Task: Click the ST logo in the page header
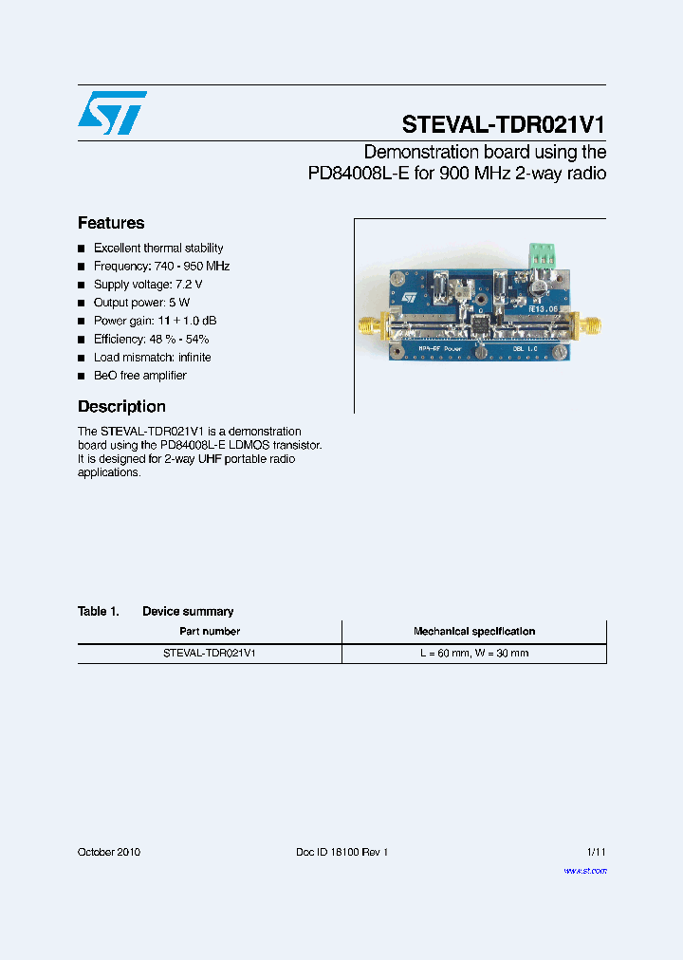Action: coord(112,113)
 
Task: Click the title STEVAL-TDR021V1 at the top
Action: coord(503,125)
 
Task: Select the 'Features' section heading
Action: coord(111,224)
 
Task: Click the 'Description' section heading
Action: coord(121,407)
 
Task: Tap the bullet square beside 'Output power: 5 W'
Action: coord(82,304)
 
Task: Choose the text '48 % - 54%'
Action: coord(179,340)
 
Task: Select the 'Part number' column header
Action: coord(210,631)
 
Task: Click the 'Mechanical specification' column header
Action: coord(473,631)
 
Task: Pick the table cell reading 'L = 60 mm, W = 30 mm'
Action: coord(474,654)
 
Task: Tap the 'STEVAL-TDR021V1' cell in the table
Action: coord(210,654)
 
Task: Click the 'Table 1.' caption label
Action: coord(99,612)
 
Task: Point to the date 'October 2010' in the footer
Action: coord(109,852)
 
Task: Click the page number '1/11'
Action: coord(596,852)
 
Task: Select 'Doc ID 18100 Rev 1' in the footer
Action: coord(342,852)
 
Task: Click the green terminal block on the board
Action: coord(543,254)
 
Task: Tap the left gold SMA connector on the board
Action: coord(368,329)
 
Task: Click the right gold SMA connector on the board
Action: coord(588,327)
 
